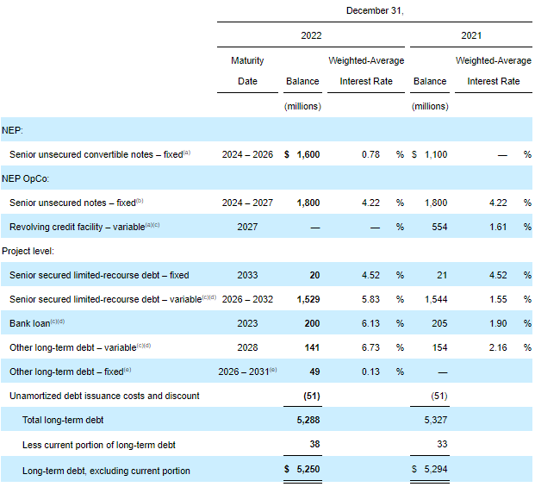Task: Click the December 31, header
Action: tap(374, 10)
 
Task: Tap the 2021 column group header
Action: tap(471, 36)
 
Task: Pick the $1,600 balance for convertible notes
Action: tap(302, 154)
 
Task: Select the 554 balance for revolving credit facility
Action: tap(438, 227)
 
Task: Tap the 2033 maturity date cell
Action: tap(247, 275)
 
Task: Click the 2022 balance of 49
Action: tap(314, 371)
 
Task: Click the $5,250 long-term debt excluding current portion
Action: tap(302, 471)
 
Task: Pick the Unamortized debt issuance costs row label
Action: tap(104, 396)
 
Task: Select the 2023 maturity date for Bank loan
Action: tap(247, 323)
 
